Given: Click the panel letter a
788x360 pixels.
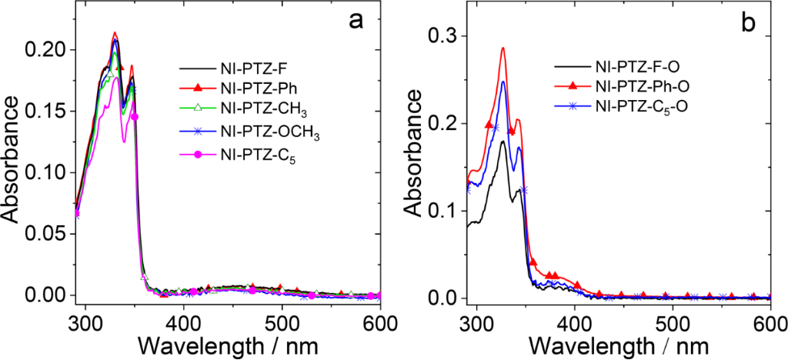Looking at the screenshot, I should click(x=356, y=21).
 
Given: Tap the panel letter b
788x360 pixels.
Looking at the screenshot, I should click(x=748, y=22).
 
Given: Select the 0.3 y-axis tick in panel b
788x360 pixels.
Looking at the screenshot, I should click(x=450, y=37).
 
